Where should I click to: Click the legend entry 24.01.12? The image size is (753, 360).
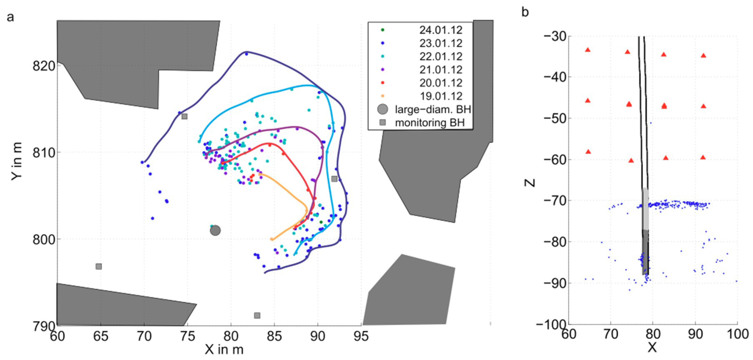[441, 30]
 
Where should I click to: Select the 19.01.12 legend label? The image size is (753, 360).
[441, 96]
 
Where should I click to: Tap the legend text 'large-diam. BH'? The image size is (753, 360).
[433, 109]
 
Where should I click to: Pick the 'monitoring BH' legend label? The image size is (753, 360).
[430, 123]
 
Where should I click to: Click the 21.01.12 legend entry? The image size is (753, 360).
[441, 70]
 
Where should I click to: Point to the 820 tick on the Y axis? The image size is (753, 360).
[44, 66]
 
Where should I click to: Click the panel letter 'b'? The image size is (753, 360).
[525, 12]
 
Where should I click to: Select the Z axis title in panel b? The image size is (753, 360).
[529, 183]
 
